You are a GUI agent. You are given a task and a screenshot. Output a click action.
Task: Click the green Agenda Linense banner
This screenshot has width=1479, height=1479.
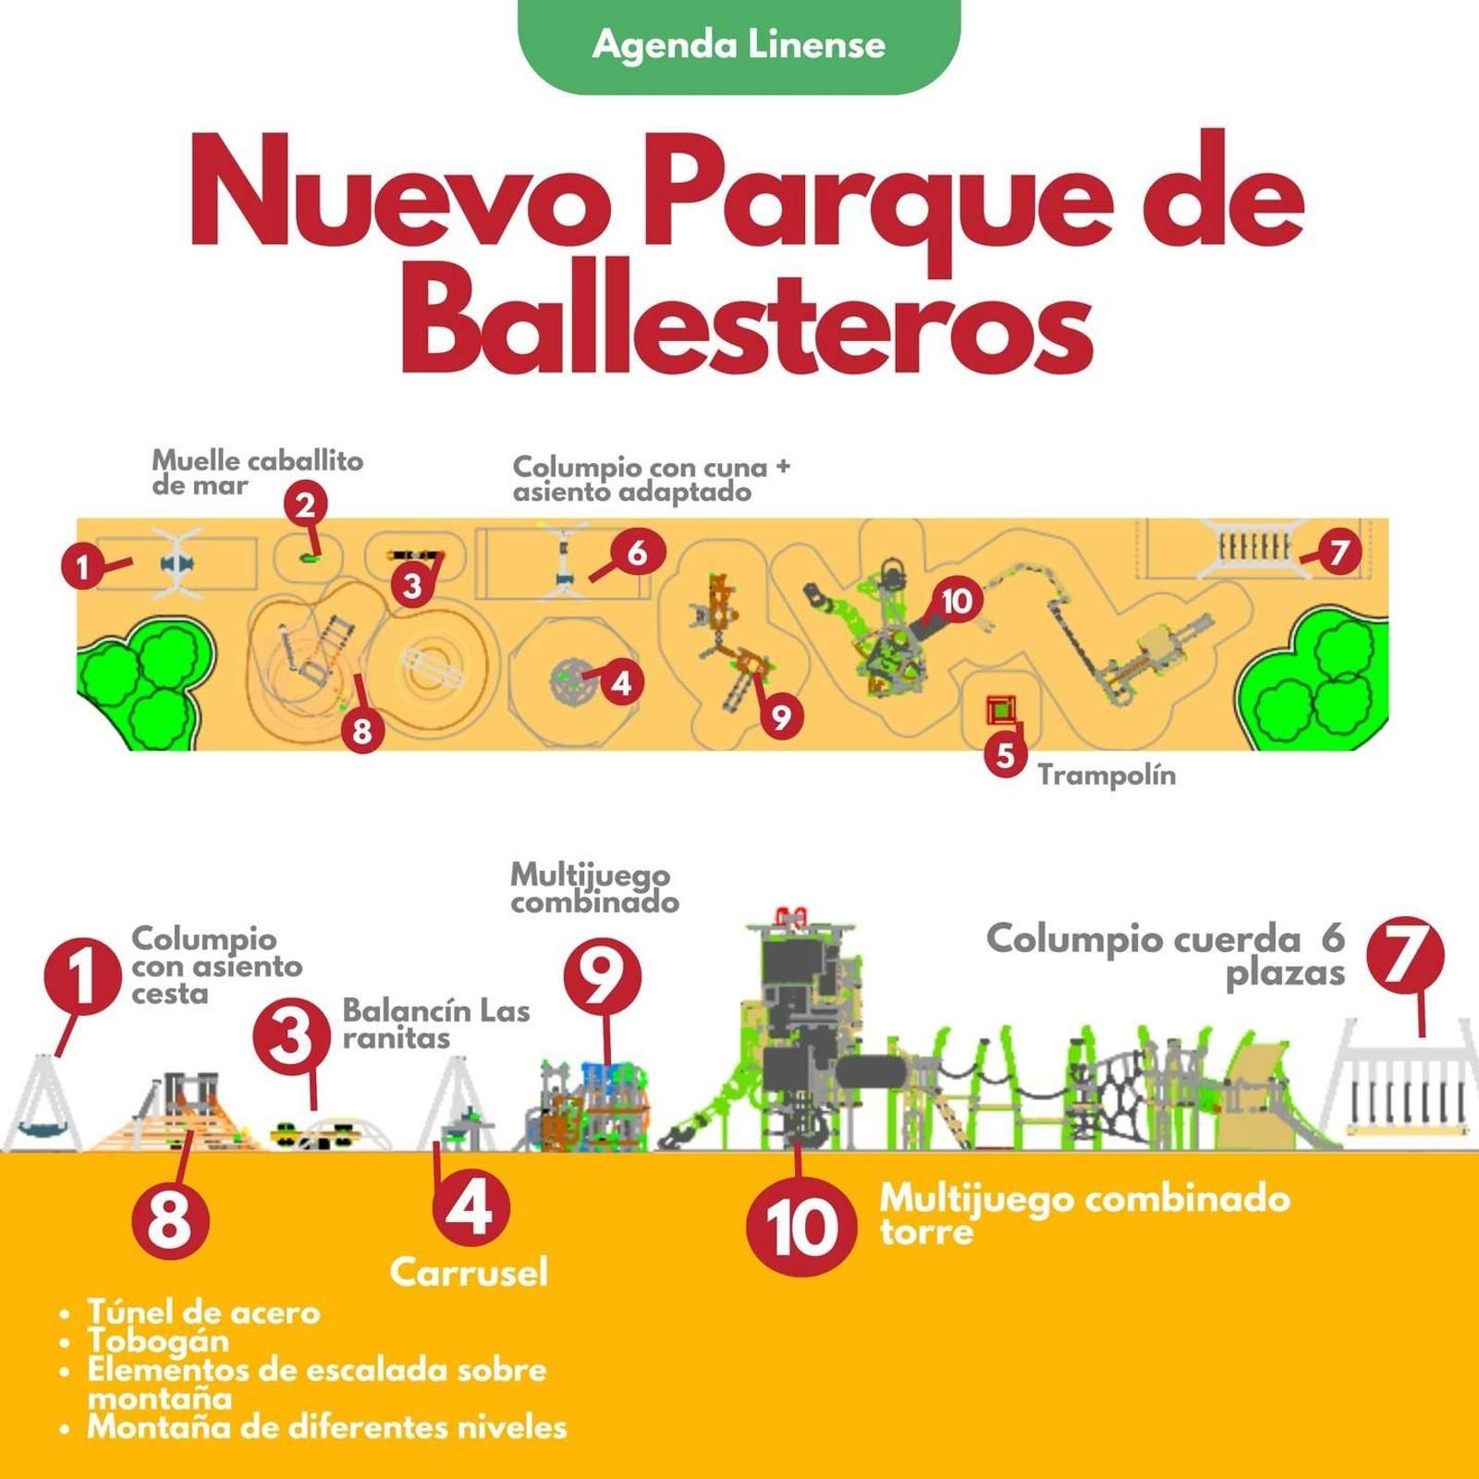[x=739, y=44]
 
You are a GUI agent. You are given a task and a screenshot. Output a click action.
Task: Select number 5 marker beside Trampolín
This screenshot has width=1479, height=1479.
[x=1005, y=755]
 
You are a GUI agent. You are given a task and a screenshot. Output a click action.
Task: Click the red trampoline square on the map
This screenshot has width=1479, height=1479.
[x=1000, y=710]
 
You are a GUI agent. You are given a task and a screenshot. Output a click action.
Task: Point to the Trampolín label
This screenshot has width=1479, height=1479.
[x=1106, y=775]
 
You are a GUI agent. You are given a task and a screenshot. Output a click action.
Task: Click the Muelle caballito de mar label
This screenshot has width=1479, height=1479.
[x=257, y=472]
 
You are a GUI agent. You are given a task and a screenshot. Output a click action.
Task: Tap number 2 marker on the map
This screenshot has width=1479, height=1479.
[x=306, y=505]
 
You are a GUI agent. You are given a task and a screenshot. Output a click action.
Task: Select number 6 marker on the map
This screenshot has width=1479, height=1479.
[x=637, y=553]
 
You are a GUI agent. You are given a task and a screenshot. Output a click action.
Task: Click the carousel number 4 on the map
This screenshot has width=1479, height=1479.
[x=621, y=683]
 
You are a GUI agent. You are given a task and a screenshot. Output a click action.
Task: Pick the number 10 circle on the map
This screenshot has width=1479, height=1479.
[x=956, y=601]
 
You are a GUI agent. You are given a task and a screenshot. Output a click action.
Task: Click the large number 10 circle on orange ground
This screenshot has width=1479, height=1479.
[x=801, y=1228]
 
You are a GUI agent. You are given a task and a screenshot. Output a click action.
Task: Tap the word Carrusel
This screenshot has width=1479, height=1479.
[x=469, y=1272]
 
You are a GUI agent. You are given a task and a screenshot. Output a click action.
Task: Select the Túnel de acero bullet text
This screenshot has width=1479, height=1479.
[x=203, y=1312]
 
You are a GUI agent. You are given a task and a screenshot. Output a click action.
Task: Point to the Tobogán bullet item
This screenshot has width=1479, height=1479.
[x=158, y=1340]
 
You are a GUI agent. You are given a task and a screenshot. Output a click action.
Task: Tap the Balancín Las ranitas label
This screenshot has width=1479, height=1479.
[x=435, y=1023]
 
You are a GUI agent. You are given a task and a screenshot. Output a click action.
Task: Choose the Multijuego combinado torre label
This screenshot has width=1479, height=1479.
[x=1083, y=1214]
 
